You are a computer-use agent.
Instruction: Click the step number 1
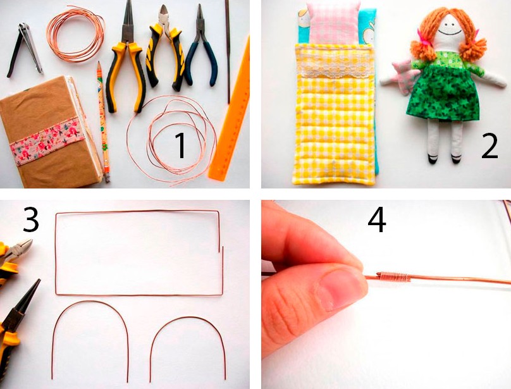tap(180, 145)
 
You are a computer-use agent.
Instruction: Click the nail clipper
tap(25, 49)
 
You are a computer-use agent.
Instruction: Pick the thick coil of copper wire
tap(75, 34)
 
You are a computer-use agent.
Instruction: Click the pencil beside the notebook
tap(103, 121)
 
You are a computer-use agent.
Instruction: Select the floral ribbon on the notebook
tap(47, 141)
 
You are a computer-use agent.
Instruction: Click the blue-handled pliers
tap(201, 49)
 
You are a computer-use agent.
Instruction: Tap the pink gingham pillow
tap(333, 22)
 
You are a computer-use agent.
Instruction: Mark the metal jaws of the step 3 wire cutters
tap(20, 249)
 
